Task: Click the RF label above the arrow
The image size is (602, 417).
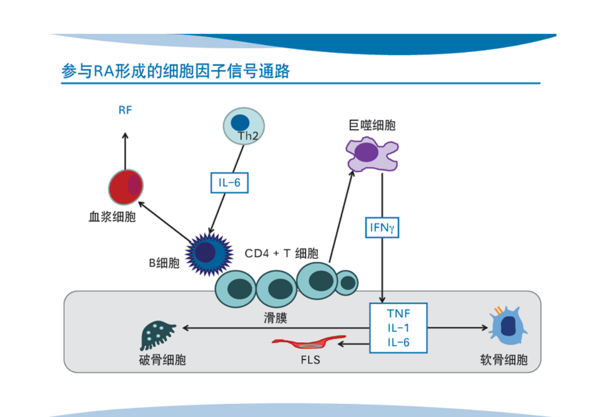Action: [125, 110]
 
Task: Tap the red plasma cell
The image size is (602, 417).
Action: [126, 187]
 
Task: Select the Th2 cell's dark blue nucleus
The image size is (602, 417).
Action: [240, 123]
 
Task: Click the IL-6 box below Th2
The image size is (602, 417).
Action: [230, 183]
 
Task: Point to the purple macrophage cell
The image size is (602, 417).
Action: [372, 154]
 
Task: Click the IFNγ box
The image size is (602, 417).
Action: [382, 228]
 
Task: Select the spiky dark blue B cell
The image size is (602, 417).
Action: [209, 254]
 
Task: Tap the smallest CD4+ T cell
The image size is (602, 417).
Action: [347, 283]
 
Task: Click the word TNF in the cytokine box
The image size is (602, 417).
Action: [398, 314]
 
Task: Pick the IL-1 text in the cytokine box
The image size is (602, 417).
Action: [398, 328]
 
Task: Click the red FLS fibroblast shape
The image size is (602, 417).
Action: [309, 342]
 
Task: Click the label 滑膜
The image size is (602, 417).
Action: [276, 318]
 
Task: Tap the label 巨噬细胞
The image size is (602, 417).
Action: [372, 125]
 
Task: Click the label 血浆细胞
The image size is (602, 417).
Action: [112, 217]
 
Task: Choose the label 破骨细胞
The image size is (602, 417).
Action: [162, 360]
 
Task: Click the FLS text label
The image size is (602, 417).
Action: [311, 360]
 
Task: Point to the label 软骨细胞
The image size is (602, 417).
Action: [504, 360]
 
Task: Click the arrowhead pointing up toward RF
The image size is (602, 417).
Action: [125, 136]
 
